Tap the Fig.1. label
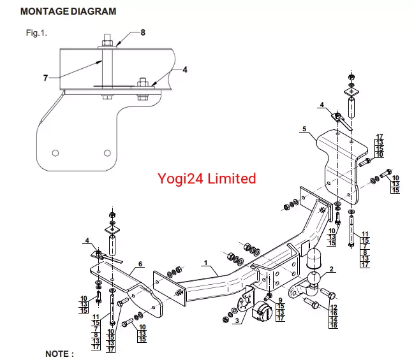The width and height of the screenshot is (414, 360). point(36,32)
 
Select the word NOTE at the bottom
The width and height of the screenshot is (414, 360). point(59,352)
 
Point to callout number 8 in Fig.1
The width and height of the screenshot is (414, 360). point(143,32)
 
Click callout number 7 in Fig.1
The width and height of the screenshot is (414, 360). point(45,78)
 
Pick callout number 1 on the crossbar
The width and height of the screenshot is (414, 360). point(206,263)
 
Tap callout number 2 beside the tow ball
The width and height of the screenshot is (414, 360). point(331,270)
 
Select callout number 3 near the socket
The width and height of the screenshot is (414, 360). point(237,321)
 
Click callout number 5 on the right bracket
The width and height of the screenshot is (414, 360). point(304,129)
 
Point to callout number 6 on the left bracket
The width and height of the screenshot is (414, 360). point(140,264)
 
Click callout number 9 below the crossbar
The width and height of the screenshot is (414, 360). point(279,299)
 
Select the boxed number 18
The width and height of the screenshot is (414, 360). point(333,326)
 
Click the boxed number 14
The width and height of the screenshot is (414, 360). point(333,320)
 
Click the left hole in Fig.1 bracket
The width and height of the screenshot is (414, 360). point(55,153)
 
